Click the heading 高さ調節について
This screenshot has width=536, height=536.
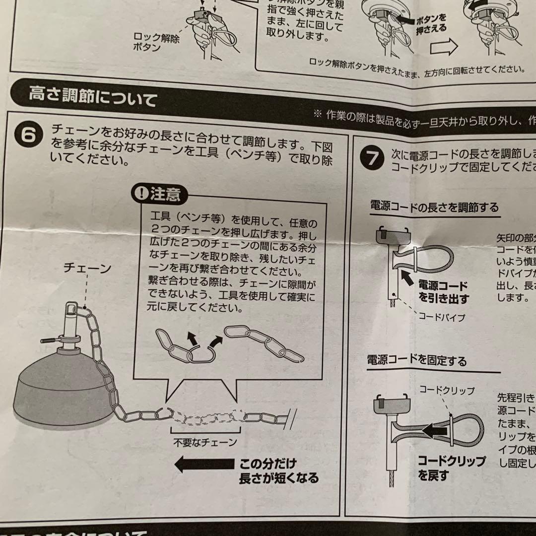pos(92,96)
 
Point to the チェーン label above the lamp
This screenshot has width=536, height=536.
pos(87,268)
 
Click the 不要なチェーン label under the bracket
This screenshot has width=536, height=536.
pos(204,442)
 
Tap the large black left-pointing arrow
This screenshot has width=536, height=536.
pos(203,465)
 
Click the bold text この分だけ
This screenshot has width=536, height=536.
pos(268,464)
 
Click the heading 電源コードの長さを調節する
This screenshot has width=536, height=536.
pos(434,206)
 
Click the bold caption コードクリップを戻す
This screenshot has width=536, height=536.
pos(451,468)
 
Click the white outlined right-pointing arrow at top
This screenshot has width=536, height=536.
pos(444,48)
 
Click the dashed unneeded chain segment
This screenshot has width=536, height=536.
pos(204,416)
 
